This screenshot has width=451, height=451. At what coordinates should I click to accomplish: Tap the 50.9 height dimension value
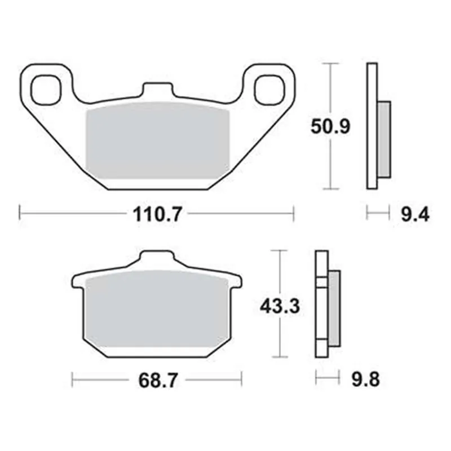point(331,126)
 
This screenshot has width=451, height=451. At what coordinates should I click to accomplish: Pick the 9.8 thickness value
point(366,379)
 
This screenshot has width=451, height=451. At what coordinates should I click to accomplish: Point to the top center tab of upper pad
point(157,91)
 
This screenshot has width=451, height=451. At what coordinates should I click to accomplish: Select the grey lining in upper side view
point(383,139)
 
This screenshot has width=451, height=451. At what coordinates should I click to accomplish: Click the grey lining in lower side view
point(334,308)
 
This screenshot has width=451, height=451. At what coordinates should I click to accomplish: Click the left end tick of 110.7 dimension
point(20,213)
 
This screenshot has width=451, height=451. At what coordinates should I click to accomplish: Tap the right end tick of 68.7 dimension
point(241,379)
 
